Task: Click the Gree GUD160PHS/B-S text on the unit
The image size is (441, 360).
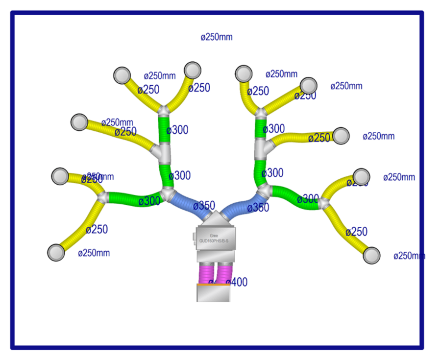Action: (214, 239)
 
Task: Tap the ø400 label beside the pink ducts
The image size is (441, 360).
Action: (237, 282)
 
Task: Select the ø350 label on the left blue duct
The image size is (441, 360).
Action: (204, 205)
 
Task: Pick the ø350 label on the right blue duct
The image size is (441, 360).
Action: (258, 208)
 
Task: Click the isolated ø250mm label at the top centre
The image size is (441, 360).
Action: (217, 37)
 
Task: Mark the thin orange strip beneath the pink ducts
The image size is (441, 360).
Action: (213, 285)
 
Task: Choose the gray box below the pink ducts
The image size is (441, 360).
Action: (213, 293)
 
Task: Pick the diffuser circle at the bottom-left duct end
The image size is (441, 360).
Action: (56, 253)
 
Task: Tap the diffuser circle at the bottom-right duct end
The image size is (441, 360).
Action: (372, 255)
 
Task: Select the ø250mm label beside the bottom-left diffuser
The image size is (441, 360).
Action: (94, 253)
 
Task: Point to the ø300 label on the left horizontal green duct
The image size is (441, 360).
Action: (149, 201)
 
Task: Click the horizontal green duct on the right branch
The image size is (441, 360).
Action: (294, 197)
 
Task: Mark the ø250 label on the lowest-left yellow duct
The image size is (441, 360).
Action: (97, 229)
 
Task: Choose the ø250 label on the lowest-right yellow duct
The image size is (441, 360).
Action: (356, 232)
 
